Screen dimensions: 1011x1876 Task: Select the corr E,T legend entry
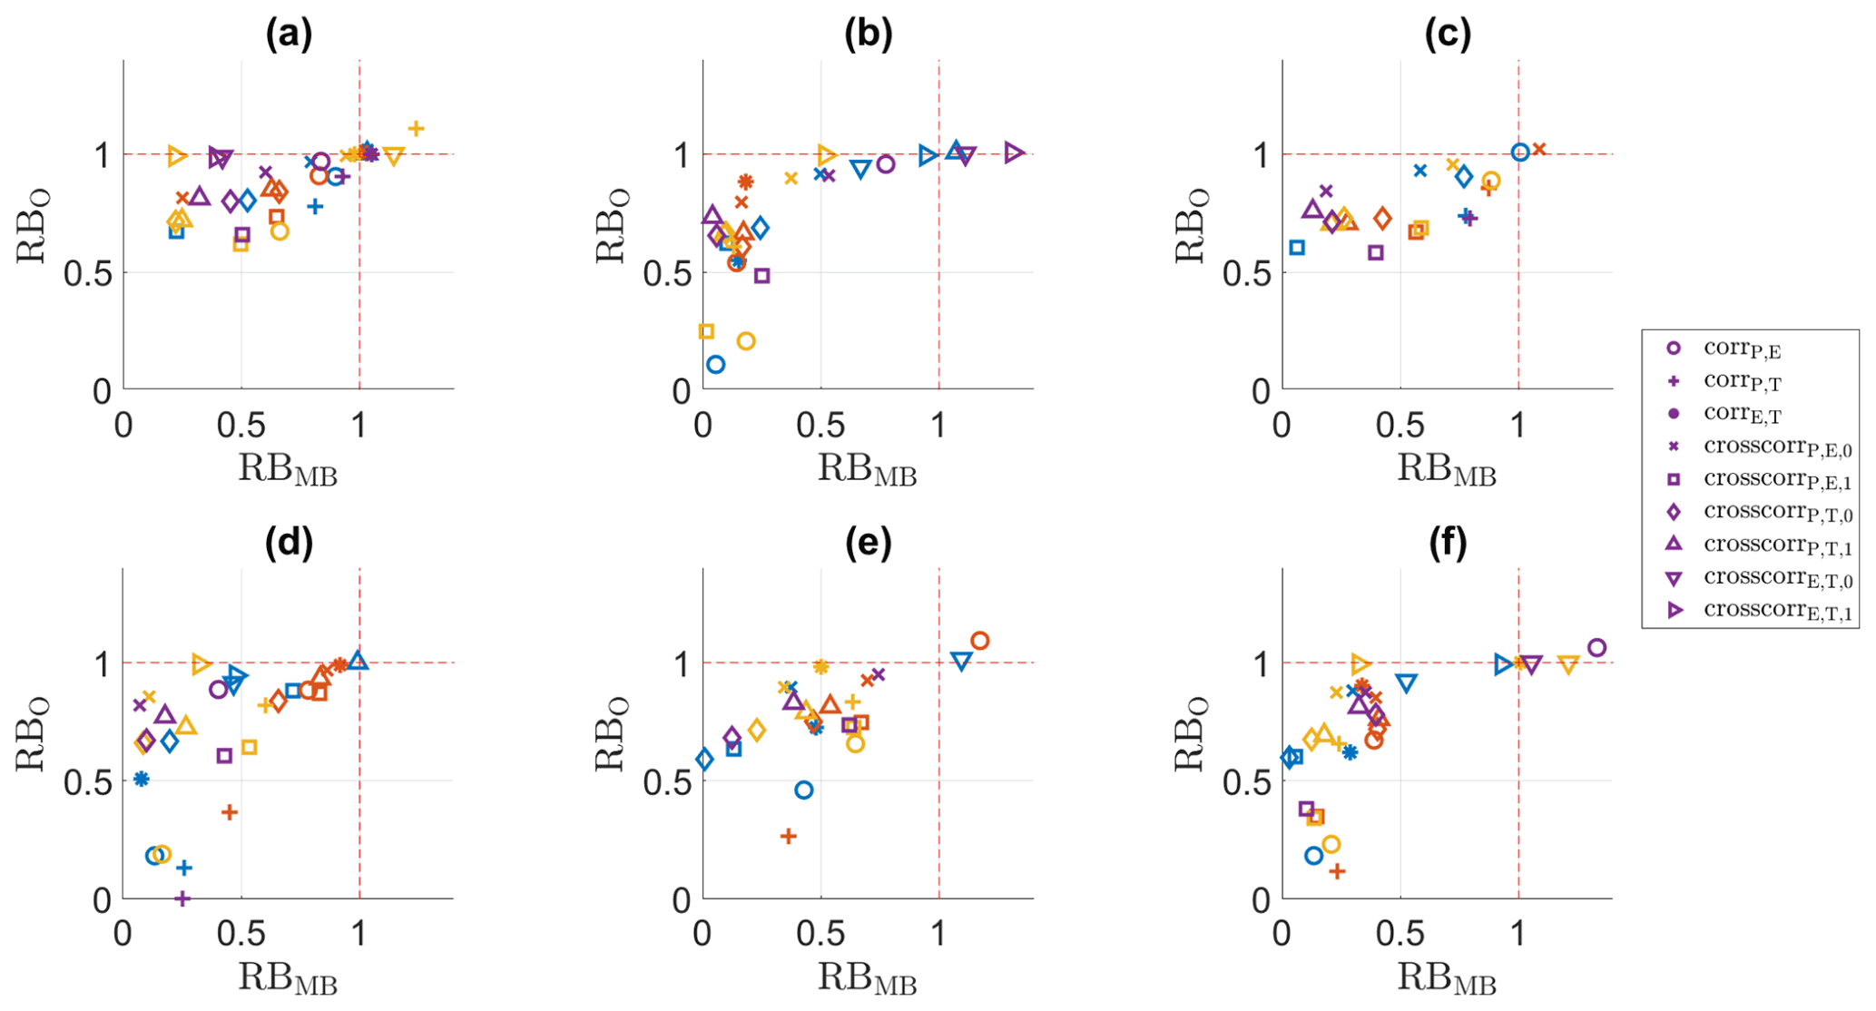1743,414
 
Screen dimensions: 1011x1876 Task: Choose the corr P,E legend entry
1743,348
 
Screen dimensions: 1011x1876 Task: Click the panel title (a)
289,34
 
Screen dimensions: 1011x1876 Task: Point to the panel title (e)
868,543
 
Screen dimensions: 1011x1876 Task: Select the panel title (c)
1447,34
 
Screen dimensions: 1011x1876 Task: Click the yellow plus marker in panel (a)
416,129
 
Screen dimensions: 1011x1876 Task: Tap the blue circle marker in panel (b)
715,365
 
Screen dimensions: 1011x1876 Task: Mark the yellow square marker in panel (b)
706,331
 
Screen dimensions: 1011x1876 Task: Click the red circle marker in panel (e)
979,641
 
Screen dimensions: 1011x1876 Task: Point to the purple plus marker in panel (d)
182,898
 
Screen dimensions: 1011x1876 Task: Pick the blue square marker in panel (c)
1297,247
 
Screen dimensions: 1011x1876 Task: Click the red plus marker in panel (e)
788,836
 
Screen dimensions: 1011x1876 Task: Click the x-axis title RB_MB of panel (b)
867,471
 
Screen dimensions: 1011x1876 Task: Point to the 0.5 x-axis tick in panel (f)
1400,933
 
